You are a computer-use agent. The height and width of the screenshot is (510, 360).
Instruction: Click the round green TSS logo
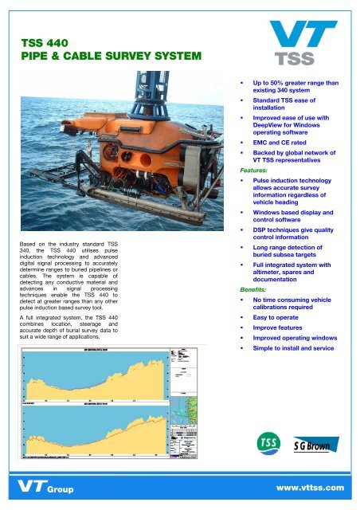(x=264, y=443)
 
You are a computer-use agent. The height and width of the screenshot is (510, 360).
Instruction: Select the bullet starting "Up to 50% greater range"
(x=295, y=87)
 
